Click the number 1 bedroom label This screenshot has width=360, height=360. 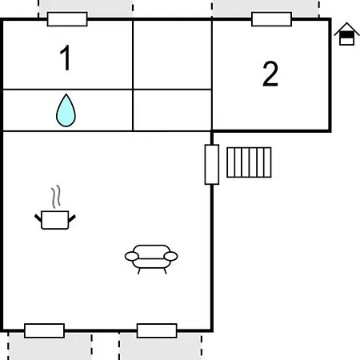pos(66,58)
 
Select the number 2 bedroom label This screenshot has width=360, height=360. pos(270,74)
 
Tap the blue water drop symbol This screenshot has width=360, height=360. pos(66,110)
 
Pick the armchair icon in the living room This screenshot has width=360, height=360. pos(151,259)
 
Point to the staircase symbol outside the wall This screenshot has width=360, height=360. pos(249,162)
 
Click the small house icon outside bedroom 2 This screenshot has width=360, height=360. pos(346,34)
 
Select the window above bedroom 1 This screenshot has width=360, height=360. pos(67,19)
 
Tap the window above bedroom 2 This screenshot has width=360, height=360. pos(271,19)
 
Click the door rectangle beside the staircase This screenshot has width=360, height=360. pos(212,165)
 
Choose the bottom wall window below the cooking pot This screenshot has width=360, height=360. pos(44,330)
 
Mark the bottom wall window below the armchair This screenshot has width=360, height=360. pos(157,330)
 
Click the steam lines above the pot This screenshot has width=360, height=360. pos(56,197)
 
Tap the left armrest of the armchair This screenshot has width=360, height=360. pos(132,256)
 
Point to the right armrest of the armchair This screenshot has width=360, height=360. pos(170,256)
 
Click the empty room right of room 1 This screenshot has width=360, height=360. pos(172,54)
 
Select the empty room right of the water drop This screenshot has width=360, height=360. pos(172,110)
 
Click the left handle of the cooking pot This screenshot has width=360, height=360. pos(38,218)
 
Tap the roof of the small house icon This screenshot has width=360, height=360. pos(346,28)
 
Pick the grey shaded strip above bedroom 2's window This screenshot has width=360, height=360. pos(265,8)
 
